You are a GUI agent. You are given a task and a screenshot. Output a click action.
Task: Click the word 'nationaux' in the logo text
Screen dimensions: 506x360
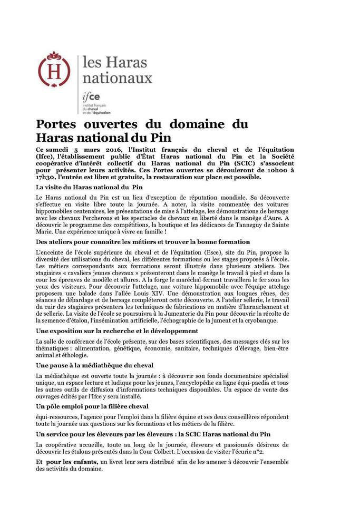coord(117,78)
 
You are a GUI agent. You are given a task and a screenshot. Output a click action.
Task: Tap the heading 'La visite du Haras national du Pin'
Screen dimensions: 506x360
coord(90,187)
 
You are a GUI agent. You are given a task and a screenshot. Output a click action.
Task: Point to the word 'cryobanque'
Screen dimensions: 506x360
coord(297,320)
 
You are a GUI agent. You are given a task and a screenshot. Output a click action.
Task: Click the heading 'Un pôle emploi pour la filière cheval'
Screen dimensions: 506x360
coord(92,406)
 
